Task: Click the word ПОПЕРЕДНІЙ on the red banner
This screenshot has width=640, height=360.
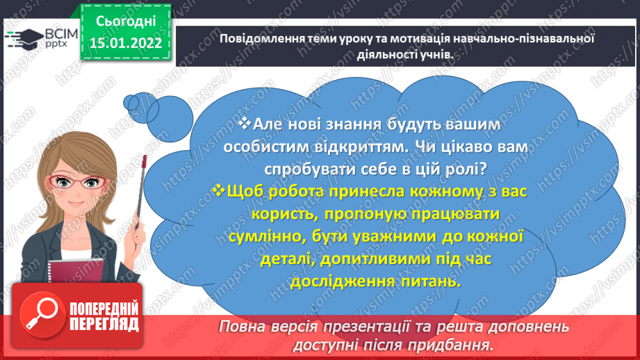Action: (104, 308)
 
